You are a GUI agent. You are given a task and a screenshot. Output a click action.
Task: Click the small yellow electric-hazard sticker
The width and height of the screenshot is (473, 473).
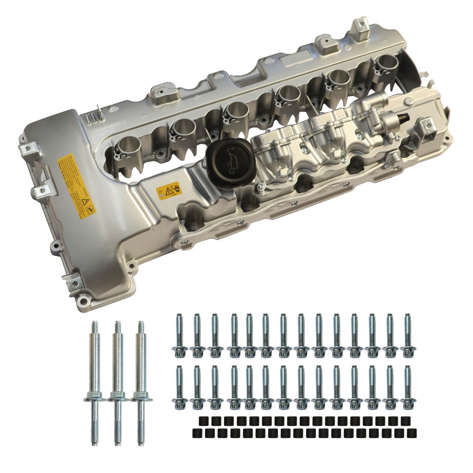(x=168, y=191)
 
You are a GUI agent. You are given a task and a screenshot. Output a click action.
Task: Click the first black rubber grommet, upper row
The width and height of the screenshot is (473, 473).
(x=202, y=420)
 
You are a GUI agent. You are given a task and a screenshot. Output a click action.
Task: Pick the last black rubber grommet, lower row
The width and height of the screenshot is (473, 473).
(x=411, y=433)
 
